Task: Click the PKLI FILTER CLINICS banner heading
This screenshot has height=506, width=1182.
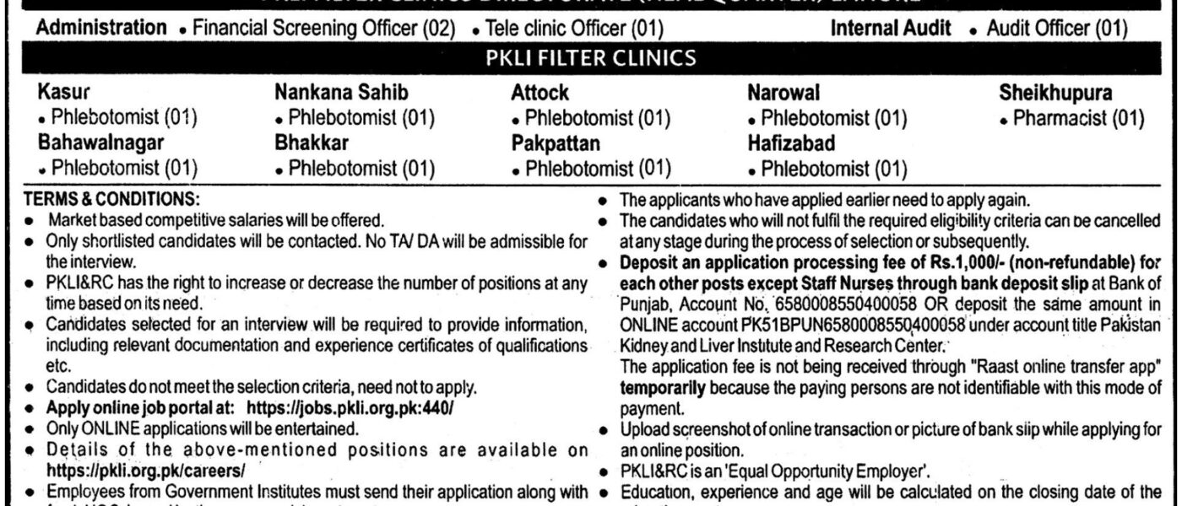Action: coord(591,58)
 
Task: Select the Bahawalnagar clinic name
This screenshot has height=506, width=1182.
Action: coord(100,143)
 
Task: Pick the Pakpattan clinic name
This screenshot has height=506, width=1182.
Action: coord(556,143)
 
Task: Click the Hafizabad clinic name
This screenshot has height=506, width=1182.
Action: coord(791,143)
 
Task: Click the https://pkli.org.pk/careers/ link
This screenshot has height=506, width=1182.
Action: coord(147,469)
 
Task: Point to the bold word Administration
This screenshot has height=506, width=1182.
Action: coord(101,27)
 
